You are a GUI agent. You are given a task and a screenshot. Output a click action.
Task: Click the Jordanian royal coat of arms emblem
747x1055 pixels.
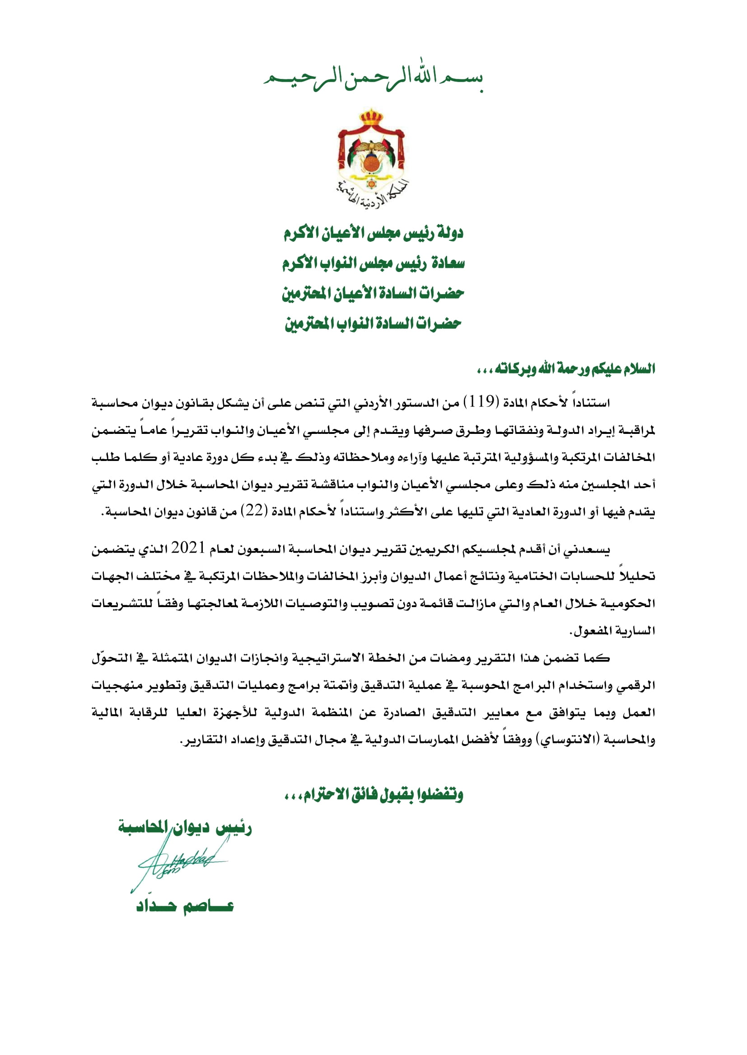371,154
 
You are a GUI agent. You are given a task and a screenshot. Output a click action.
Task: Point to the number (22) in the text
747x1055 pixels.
254,511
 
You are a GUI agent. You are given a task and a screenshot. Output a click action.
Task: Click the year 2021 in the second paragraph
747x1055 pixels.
188,548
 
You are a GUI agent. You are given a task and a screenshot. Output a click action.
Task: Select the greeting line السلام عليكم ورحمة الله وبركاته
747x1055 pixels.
565,369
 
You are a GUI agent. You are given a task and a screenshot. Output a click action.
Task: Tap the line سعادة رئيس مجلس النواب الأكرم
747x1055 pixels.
373,263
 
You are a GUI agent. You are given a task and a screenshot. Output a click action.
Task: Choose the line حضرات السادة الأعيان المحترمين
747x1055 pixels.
373,293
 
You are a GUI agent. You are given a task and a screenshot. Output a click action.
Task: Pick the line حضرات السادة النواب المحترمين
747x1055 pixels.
373,323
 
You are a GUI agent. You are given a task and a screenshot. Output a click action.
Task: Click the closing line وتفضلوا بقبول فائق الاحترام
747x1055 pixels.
373,794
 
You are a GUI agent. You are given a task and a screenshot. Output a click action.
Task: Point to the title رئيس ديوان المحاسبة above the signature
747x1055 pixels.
185,827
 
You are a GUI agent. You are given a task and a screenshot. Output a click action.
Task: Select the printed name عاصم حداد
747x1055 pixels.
185,906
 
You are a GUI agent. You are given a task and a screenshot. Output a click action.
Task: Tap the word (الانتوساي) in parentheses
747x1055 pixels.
568,740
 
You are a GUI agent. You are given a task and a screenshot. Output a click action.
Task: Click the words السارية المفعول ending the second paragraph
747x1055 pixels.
612,631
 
